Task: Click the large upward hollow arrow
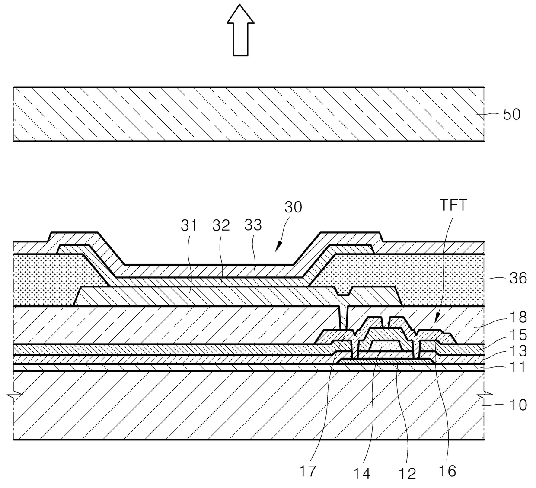point(240,30)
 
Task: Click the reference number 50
point(512,115)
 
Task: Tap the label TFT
point(453,205)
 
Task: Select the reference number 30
point(293,207)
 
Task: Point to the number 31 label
point(188,225)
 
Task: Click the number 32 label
point(221,225)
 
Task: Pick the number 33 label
point(253,225)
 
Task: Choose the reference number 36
point(518,278)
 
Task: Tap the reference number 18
point(518,317)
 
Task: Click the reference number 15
point(518,335)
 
